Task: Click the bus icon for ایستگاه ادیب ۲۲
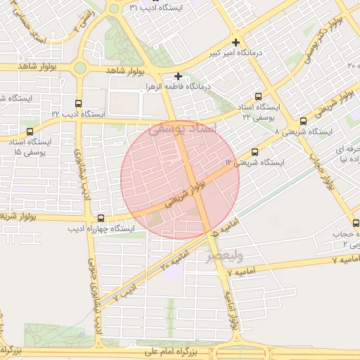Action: [x=77, y=103]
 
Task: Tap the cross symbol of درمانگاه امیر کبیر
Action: [x=237, y=41]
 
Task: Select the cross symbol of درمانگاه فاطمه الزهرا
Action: [x=178, y=76]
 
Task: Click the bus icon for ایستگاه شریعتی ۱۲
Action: [x=255, y=151]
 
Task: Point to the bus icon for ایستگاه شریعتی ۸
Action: [x=303, y=121]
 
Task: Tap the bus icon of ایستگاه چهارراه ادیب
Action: [x=101, y=218]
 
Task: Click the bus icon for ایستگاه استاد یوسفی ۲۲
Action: [x=258, y=96]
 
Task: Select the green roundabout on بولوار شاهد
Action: [x=79, y=68]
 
